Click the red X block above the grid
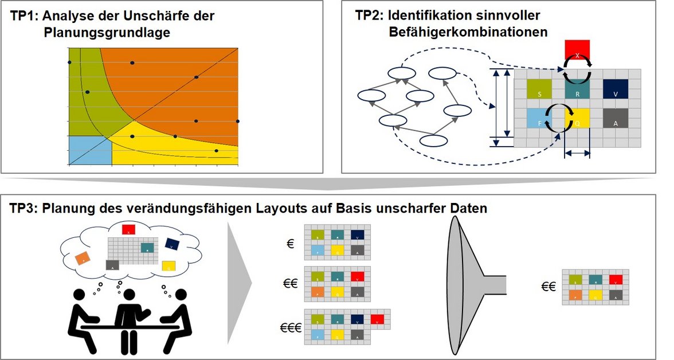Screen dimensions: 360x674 [x=577, y=49]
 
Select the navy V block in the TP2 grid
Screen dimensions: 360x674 [x=616, y=88]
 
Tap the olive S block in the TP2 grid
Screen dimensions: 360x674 [x=539, y=88]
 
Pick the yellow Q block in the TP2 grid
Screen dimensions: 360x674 [x=577, y=118]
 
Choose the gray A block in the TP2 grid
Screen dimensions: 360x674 [x=616, y=118]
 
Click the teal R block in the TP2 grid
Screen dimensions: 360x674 [x=577, y=89]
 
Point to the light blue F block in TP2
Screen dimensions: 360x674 [x=539, y=118]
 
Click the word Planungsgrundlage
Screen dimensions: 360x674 [x=107, y=33]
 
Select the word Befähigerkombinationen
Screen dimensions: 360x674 [x=467, y=32]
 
